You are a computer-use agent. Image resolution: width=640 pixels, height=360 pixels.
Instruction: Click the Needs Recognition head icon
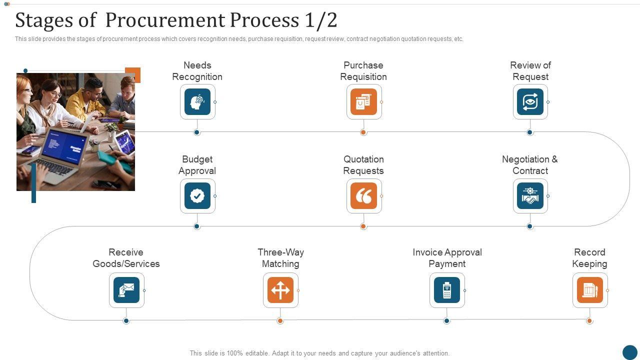tap(197, 102)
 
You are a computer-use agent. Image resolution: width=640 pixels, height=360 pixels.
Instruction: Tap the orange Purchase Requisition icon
tap(363, 102)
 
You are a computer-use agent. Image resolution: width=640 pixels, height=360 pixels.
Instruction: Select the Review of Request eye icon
tap(530, 102)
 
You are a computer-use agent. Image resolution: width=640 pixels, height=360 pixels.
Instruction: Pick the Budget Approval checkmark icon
tap(197, 196)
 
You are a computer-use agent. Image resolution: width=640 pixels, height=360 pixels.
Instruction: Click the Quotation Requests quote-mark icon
tap(363, 196)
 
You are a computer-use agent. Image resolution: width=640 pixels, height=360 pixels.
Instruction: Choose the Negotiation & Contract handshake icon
tap(530, 196)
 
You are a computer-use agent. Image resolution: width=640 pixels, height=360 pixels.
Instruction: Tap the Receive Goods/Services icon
tap(126, 290)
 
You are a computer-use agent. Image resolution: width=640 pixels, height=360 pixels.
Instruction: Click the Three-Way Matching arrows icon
tap(280, 290)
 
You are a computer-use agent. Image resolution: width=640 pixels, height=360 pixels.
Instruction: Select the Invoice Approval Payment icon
tap(447, 290)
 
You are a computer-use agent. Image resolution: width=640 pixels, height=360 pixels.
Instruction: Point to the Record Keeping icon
tap(590, 290)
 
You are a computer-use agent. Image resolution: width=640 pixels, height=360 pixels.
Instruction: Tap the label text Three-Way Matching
tap(280, 258)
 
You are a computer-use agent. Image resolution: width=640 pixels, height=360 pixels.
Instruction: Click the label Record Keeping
tap(590, 258)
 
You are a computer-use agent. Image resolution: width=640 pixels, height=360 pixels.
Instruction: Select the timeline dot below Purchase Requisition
tap(363, 132)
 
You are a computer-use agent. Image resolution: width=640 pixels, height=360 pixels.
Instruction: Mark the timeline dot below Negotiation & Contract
tap(530, 226)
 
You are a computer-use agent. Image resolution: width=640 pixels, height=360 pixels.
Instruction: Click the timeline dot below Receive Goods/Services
tap(126, 320)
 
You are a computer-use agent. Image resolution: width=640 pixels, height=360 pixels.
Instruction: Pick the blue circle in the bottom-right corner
tap(629, 352)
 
